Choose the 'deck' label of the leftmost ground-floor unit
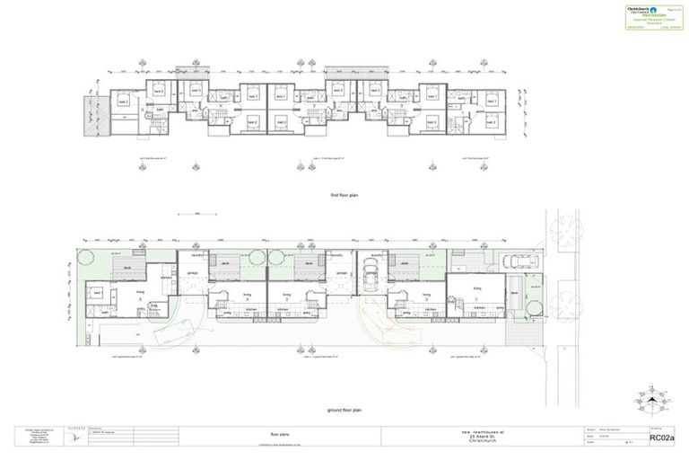click(128, 267)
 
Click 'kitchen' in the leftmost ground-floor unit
click(166, 277)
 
